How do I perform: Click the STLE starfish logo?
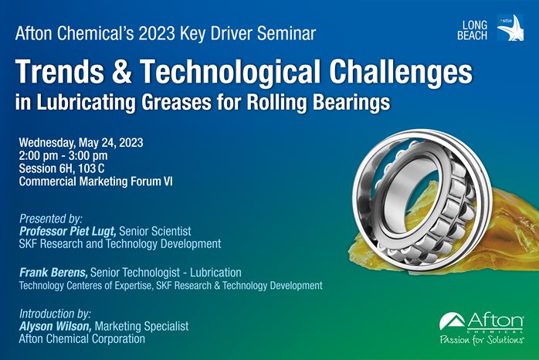[510, 28]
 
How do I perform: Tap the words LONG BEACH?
[472, 30]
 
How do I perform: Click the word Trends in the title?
[59, 72]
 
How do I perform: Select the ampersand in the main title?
[122, 72]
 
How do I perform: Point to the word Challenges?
[401, 72]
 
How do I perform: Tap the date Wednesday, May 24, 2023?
[81, 143]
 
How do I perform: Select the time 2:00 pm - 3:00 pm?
[63, 156]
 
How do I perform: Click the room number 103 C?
[91, 168]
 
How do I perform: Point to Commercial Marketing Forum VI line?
[96, 182]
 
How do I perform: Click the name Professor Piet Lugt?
[68, 232]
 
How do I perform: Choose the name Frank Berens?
[53, 273]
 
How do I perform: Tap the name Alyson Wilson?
[56, 326]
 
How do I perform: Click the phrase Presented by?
[51, 219]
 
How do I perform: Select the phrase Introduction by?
[55, 314]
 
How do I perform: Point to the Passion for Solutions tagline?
[482, 340]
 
